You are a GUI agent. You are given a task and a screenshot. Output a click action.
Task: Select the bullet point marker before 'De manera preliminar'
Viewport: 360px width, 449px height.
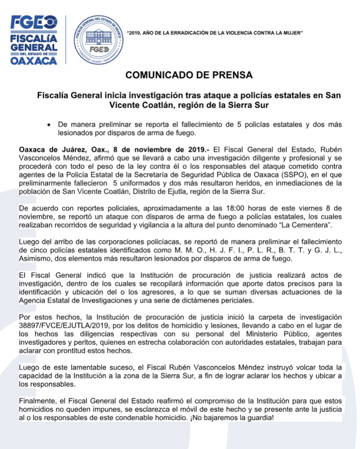coord(47,125)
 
